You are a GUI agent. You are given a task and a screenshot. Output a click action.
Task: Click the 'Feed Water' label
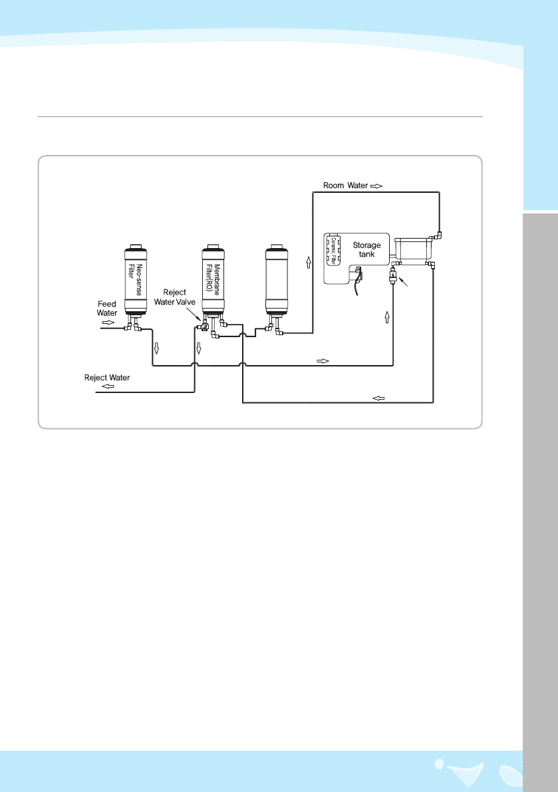coord(107,308)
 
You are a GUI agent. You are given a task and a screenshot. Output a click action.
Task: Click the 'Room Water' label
coord(345,186)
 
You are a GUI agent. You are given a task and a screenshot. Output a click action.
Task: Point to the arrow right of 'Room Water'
coord(376,186)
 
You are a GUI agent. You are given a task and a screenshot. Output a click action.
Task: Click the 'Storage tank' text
coord(366,249)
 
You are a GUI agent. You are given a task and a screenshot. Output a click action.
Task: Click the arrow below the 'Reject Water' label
coord(108,386)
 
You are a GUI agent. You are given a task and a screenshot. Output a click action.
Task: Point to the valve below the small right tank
coord(394,275)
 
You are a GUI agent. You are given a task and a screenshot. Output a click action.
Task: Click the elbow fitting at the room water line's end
coord(440,234)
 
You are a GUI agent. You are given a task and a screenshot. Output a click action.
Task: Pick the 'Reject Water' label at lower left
coord(107,378)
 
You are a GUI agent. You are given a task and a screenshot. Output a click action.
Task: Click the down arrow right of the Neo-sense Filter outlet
coord(157,348)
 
